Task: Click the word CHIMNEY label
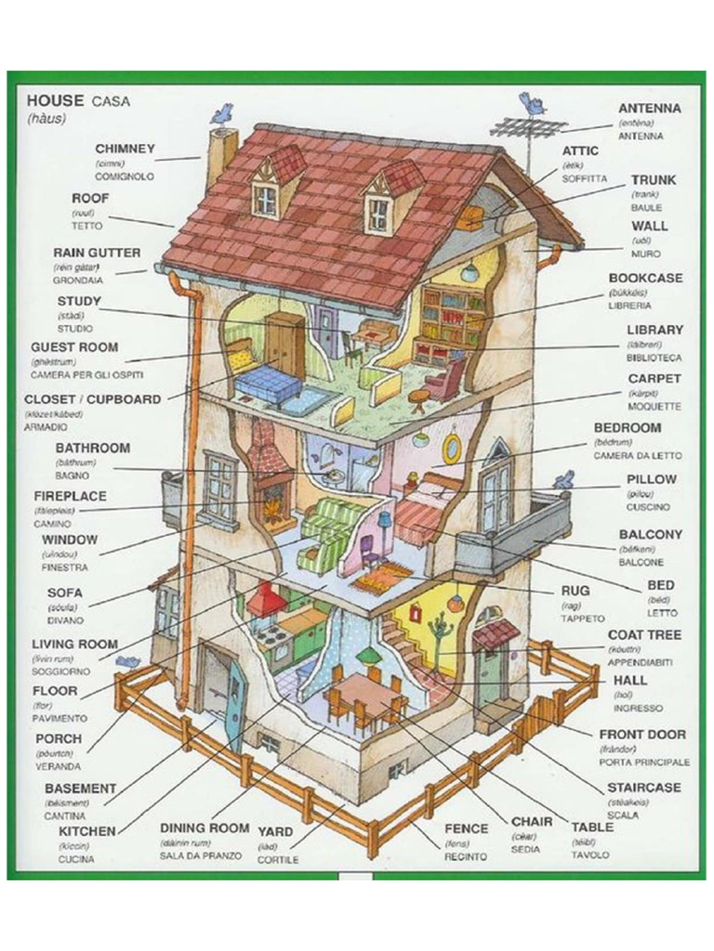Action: tap(125, 149)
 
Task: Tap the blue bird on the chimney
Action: tap(222, 114)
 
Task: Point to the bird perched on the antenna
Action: tap(533, 102)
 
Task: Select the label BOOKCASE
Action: tap(645, 278)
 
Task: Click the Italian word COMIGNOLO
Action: tap(125, 176)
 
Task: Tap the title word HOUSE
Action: tap(56, 99)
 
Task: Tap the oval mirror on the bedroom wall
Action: tap(452, 447)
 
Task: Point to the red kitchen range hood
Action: tap(265, 598)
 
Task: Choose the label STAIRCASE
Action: tap(643, 788)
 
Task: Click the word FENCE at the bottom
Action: tap(466, 828)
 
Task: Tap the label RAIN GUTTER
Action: tap(97, 253)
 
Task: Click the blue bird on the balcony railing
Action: tap(563, 480)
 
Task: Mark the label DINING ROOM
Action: tap(205, 827)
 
